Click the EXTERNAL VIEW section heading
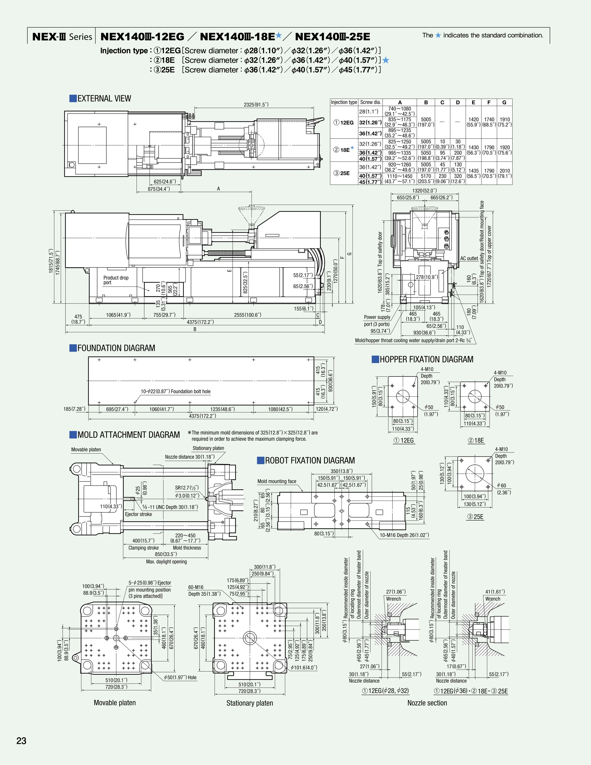point(104,98)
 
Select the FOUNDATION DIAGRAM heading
point(116,348)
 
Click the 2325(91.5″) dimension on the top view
point(256,104)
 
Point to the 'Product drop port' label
point(116,280)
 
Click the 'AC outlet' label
point(469,258)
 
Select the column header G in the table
point(504,102)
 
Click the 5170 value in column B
point(426,176)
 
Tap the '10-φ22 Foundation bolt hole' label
point(175,391)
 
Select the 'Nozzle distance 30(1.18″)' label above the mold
point(190,457)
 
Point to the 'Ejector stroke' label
point(139,514)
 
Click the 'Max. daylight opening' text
point(166,561)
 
